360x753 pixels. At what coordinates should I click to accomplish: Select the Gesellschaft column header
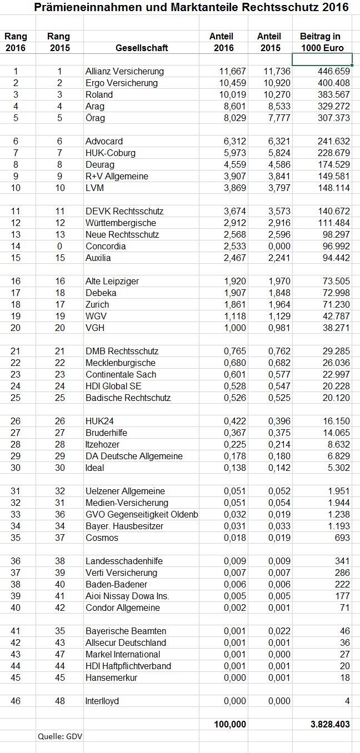click(142, 48)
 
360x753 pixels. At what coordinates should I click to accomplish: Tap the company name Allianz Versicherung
click(124, 72)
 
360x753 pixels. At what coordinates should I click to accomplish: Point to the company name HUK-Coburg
click(111, 153)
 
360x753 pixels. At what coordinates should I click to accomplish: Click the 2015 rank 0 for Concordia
click(59, 247)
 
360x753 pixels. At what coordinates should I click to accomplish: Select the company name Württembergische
click(121, 223)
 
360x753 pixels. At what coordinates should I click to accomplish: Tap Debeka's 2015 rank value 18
click(59, 293)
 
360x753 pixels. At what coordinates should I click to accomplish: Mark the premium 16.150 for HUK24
click(335, 433)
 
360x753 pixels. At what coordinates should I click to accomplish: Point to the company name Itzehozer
click(103, 445)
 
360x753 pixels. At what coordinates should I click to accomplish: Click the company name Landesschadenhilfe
click(124, 561)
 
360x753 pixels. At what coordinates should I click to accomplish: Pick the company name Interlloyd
click(102, 701)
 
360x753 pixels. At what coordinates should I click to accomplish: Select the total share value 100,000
click(229, 725)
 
